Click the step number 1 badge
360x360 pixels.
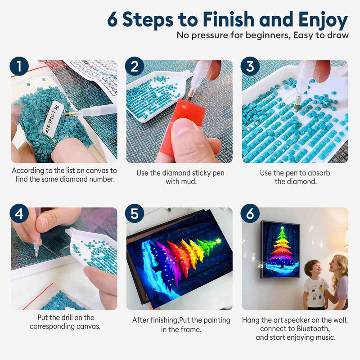tap(19, 66)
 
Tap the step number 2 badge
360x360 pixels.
tap(135, 66)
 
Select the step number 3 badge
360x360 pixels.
tap(250, 66)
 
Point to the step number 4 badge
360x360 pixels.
tap(19, 213)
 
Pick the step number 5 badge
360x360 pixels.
tap(135, 213)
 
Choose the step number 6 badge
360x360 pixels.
tap(250, 213)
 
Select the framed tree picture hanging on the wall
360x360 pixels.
tap(280, 250)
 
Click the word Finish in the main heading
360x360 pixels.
tap(229, 19)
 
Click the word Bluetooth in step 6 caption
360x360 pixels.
tap(313, 329)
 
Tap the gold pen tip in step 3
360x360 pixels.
tap(297, 106)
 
